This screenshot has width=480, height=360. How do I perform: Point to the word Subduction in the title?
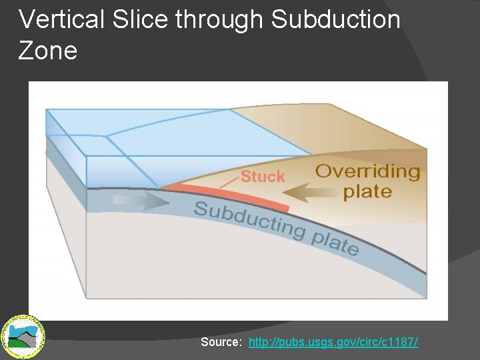(335, 20)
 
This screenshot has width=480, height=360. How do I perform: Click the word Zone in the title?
(48, 51)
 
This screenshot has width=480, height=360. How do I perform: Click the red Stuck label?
(262, 177)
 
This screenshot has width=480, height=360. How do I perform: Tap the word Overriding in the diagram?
(368, 171)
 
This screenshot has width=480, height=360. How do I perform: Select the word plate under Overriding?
(367, 192)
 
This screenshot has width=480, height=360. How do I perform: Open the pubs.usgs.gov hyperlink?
(333, 342)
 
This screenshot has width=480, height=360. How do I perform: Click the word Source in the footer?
(221, 342)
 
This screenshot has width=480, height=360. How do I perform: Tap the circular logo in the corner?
(23, 335)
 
